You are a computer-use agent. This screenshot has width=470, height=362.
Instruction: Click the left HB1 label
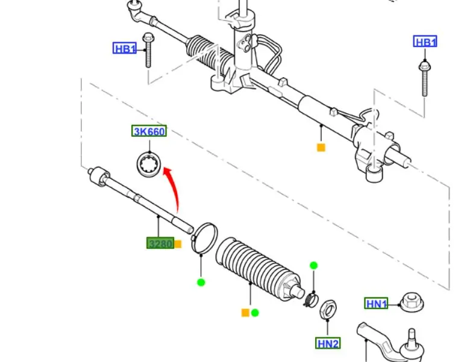pos(125,49)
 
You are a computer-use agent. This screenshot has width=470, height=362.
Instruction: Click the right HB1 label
pos(425,42)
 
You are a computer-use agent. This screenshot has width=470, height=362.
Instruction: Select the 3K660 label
pos(149,131)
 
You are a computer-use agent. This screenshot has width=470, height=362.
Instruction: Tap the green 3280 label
pos(160,243)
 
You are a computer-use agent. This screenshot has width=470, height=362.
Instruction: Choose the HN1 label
pos(377,304)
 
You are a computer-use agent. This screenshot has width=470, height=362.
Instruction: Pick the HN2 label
pos(328,343)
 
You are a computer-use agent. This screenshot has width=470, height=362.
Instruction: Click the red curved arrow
pos(175,189)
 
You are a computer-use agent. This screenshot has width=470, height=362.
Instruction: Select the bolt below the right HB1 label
pos(424,76)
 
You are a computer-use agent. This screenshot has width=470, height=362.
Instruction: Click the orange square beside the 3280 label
pos(178,244)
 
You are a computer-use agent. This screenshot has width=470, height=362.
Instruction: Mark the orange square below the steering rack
pos(321,147)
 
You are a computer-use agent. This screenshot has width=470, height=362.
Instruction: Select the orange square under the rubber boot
pos(245,313)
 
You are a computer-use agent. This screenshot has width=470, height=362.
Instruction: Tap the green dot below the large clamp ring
pos(201,282)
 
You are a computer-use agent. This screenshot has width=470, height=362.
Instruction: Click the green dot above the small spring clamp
pos(313,266)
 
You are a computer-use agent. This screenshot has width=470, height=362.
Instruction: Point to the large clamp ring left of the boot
pos(204,237)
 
